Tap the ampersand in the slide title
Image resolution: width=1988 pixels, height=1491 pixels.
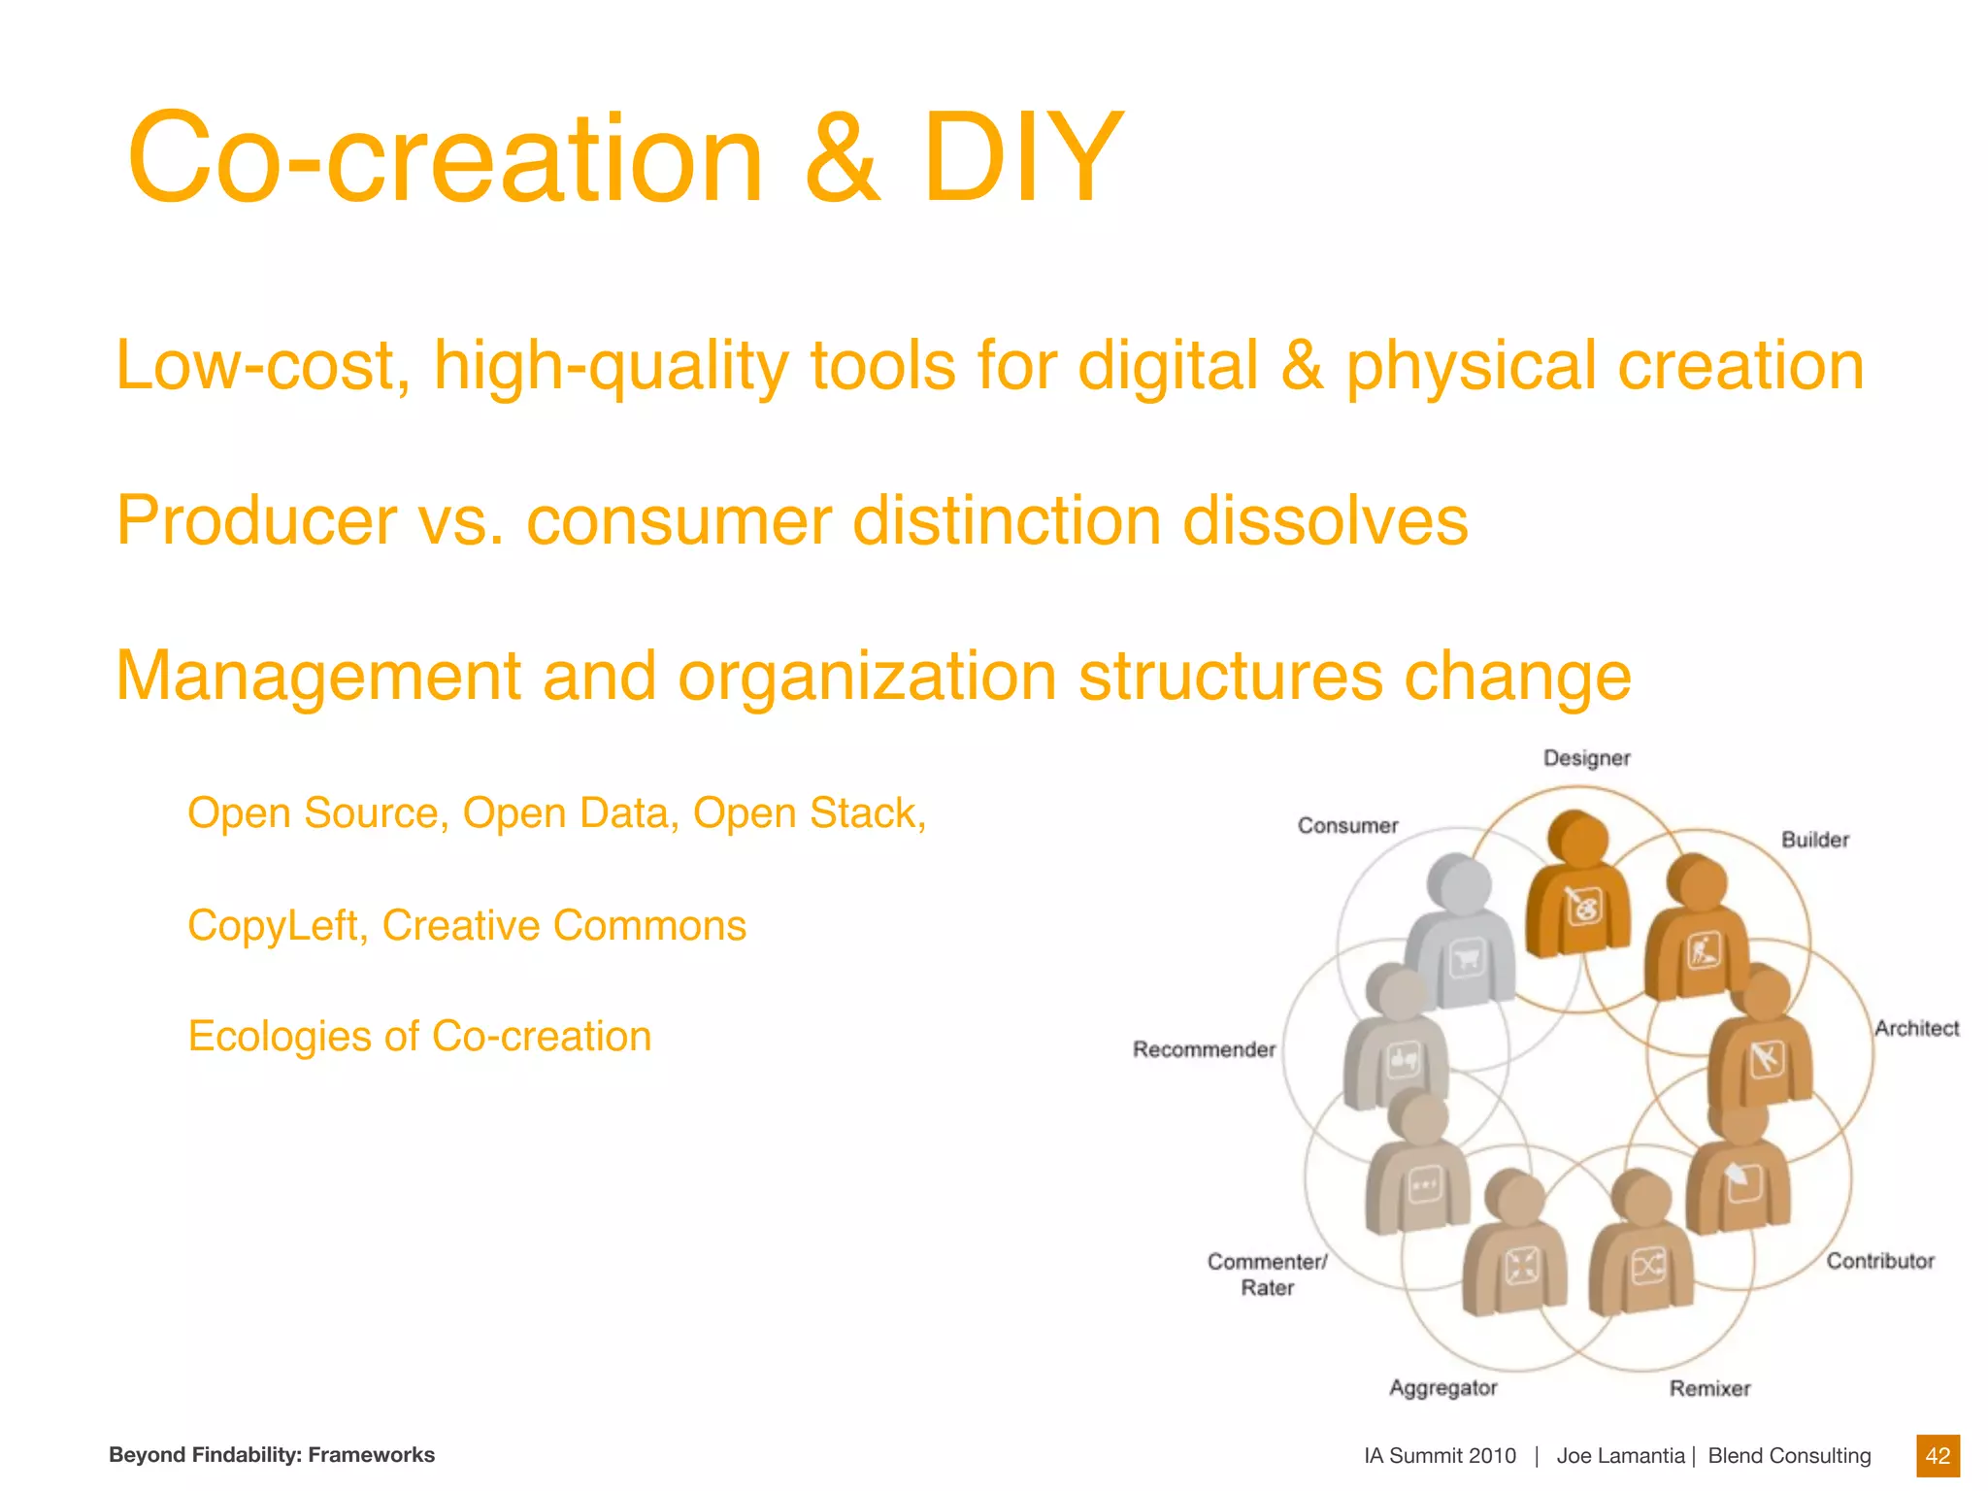(x=843, y=158)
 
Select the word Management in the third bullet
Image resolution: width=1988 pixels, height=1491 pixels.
(x=318, y=677)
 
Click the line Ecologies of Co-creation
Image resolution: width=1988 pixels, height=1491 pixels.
(x=419, y=1036)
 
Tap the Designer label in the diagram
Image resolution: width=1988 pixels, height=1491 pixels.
(x=1586, y=758)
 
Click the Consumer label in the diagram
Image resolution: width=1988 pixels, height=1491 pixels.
(x=1347, y=826)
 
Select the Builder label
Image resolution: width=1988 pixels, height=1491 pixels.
(x=1814, y=840)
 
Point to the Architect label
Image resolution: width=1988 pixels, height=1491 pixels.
(x=1916, y=1028)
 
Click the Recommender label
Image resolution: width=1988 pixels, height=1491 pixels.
(x=1204, y=1049)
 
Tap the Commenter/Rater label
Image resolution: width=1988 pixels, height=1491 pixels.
(x=1267, y=1274)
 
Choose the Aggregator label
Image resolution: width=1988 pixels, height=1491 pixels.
(x=1442, y=1388)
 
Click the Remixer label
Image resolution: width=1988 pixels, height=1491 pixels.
(x=1709, y=1389)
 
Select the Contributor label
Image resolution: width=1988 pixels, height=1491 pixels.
(x=1880, y=1261)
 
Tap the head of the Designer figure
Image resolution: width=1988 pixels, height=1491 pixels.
(x=1579, y=838)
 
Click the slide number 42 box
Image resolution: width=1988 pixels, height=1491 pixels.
(x=1938, y=1455)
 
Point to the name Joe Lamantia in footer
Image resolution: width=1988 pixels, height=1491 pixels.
(x=1620, y=1455)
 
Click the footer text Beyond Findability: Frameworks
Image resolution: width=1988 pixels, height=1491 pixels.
(x=272, y=1454)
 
